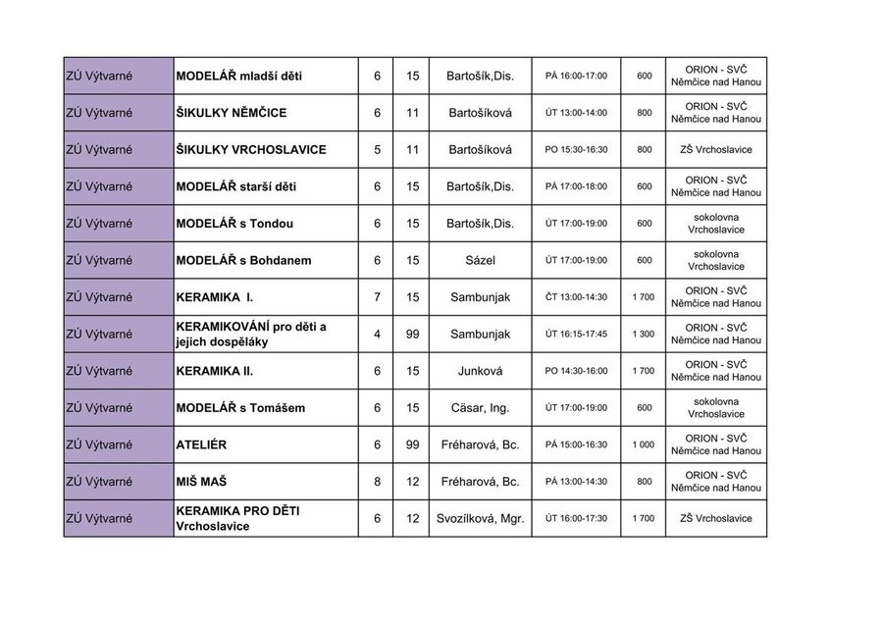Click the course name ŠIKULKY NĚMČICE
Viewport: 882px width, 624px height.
coord(231,113)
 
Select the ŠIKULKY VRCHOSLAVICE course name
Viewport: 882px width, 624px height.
coord(250,149)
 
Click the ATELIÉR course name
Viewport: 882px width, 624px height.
coord(201,444)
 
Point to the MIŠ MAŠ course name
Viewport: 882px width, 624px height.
coord(203,482)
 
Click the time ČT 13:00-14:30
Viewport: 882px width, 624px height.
coord(576,297)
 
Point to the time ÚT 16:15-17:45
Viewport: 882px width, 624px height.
coord(576,335)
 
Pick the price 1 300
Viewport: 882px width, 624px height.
coord(644,335)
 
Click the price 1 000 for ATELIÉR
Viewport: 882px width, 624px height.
coord(644,444)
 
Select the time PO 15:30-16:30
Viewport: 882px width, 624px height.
coord(576,149)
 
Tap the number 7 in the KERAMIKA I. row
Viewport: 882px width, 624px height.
coord(377,297)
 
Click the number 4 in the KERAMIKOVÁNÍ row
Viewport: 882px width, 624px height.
coord(377,335)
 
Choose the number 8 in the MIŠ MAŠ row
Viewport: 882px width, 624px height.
coord(377,482)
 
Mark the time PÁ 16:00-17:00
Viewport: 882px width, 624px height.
coord(576,76)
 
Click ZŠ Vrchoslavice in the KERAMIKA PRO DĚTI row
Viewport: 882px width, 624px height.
coord(715,518)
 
